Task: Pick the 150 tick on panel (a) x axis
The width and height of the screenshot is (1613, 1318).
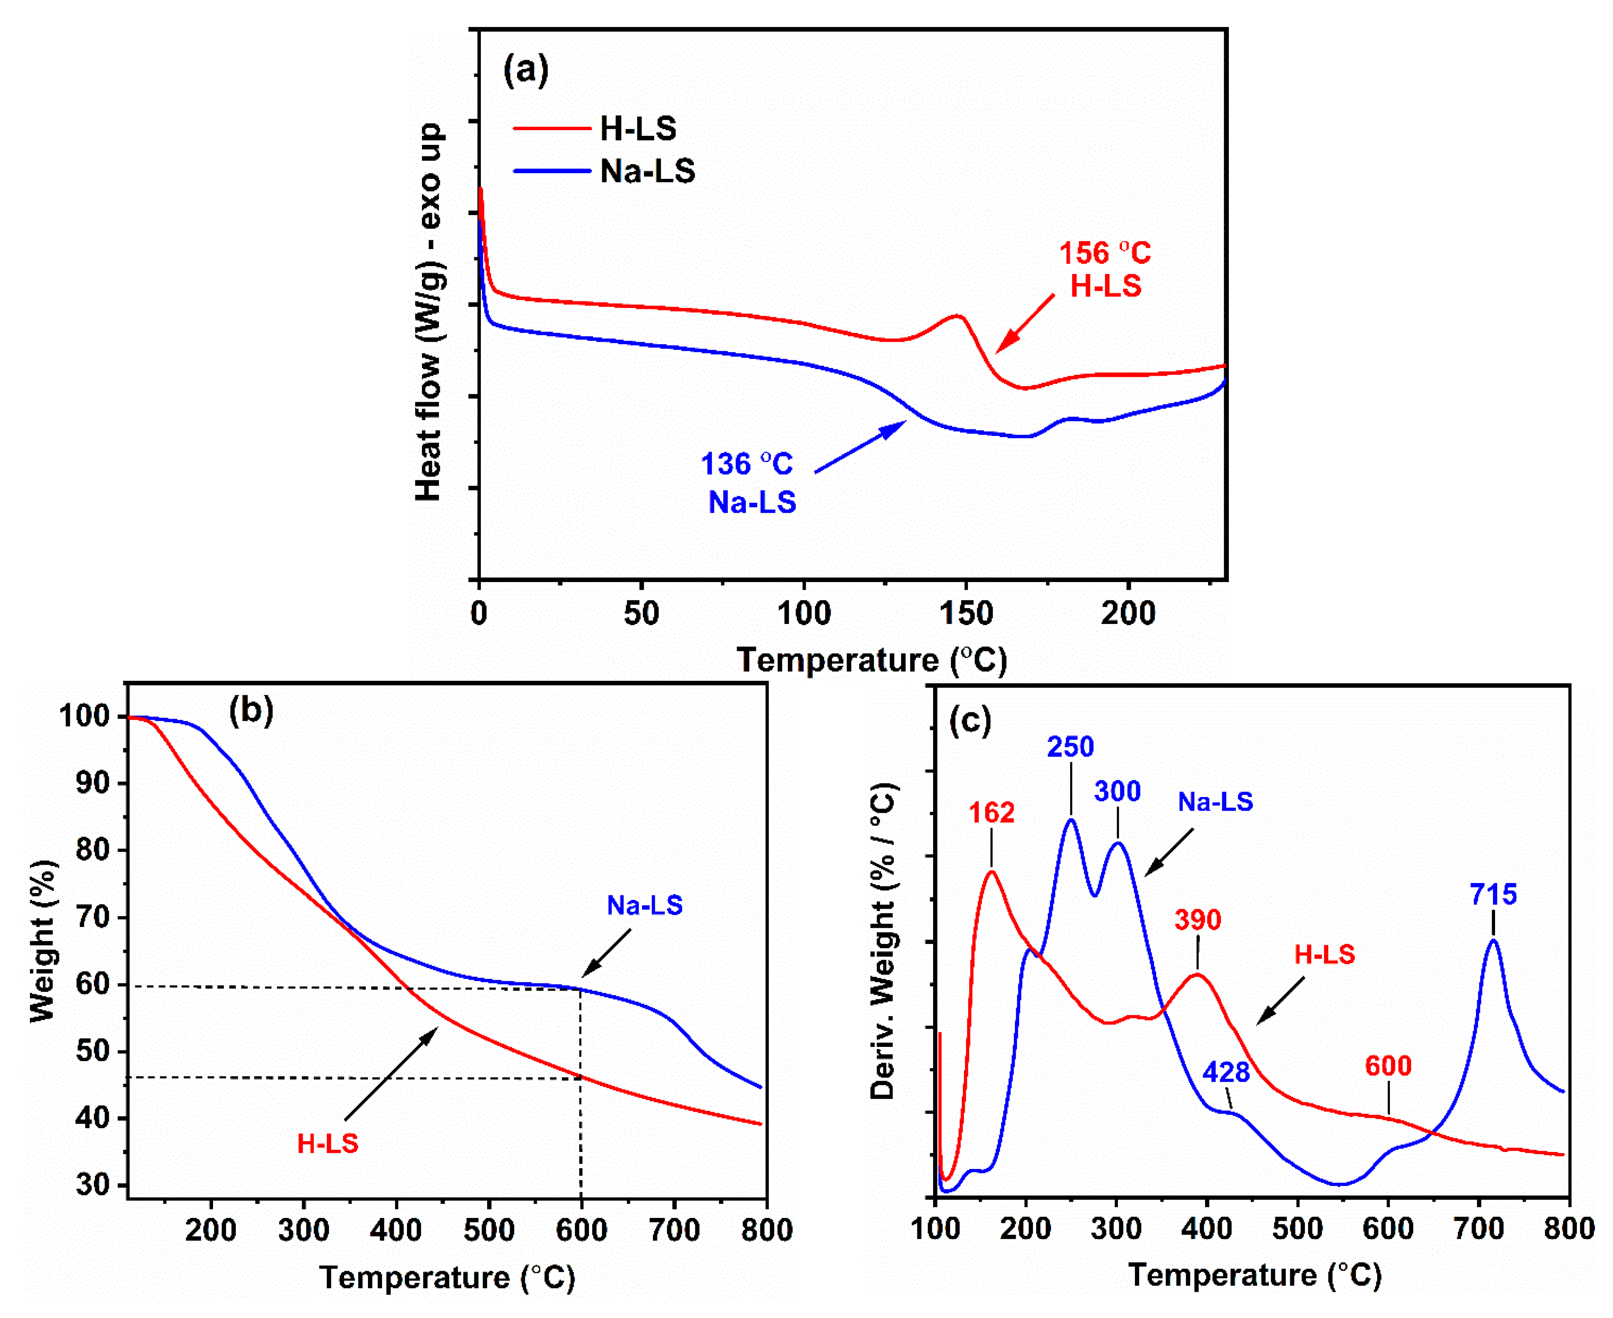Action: tap(966, 614)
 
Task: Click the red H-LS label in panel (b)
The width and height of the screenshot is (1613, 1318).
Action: tap(327, 1143)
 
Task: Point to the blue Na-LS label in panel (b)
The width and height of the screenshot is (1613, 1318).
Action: tap(645, 905)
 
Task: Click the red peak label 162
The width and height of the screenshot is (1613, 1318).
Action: tap(991, 813)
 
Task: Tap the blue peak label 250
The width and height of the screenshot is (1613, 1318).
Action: tap(1070, 747)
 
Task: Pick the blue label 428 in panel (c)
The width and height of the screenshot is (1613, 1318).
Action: tap(1226, 1072)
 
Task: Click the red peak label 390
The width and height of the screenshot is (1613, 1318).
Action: tap(1198, 920)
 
